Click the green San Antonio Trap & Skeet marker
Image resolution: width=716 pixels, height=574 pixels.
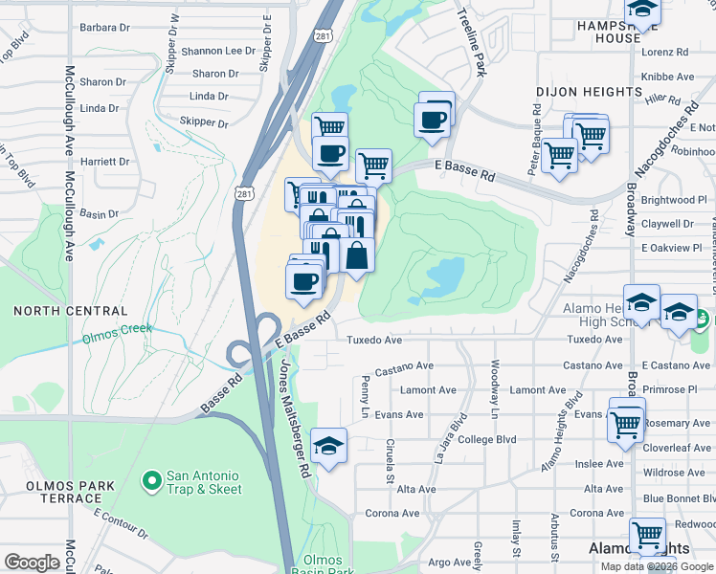point(150,478)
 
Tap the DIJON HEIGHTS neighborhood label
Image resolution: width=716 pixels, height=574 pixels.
point(589,92)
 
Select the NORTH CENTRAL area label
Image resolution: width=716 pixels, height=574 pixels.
point(71,311)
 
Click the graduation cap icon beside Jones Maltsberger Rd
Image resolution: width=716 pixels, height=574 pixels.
point(328,446)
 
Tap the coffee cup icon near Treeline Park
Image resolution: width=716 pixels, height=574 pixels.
point(431,121)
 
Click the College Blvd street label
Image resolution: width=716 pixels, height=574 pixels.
point(487,440)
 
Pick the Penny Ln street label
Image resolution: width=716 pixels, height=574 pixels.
point(366,389)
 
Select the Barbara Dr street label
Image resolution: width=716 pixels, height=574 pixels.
point(104,28)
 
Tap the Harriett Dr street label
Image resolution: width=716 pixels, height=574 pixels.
point(104,162)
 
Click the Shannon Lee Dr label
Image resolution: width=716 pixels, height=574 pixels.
point(217,51)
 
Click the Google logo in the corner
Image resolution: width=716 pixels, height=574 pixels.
point(32,563)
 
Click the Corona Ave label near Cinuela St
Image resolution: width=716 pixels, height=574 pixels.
point(392,514)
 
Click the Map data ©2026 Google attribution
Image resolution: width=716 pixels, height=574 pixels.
point(656,566)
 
